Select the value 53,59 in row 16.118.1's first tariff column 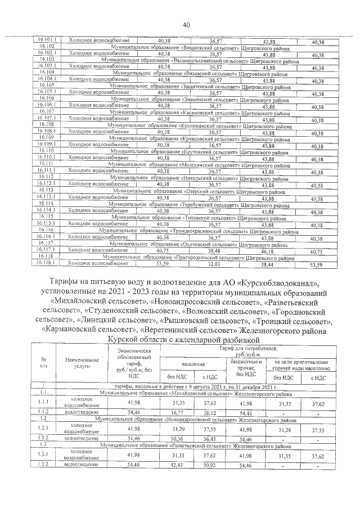click(x=163, y=263)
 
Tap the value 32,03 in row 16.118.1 click(x=215, y=263)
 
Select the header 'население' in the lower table click(x=193, y=365)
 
